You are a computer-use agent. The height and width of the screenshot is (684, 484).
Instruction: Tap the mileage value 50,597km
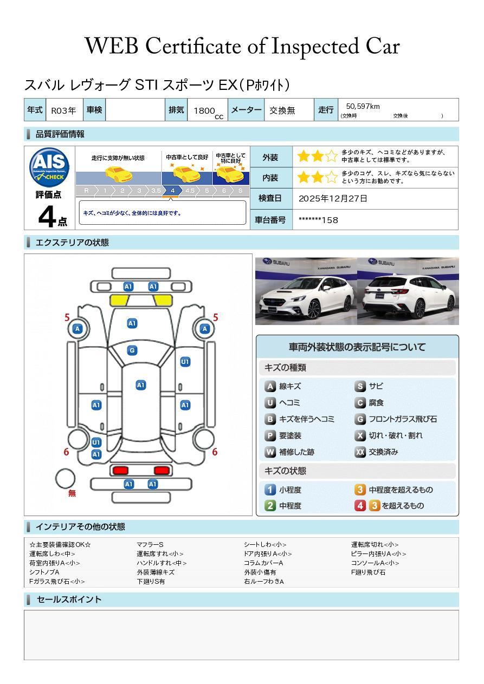coord(363,107)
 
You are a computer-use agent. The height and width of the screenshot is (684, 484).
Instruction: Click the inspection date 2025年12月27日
coord(333,199)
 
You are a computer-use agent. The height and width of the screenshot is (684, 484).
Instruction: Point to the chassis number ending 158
coord(318,220)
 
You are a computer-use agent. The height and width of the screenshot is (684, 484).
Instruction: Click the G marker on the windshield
coord(132,350)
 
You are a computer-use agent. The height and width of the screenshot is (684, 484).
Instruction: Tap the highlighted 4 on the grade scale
coord(172,191)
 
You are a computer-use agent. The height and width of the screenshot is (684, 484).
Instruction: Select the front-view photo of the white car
coord(306,291)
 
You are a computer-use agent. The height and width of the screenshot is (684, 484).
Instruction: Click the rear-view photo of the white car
coord(408,291)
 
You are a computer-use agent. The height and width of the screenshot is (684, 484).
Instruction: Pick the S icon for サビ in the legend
coord(360,387)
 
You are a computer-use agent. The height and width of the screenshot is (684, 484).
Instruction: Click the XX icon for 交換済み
coord(360,452)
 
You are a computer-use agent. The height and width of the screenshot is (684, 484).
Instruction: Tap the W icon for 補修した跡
coord(270,452)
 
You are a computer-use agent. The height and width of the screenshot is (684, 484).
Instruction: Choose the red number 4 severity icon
coord(360,506)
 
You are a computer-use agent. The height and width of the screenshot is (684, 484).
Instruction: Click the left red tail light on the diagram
coord(120,470)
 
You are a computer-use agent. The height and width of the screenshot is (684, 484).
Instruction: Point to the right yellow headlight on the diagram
coord(162,300)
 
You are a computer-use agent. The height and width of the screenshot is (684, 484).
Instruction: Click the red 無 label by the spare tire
coord(72,493)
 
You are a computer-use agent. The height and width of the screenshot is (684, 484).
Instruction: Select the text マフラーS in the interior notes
coord(150,545)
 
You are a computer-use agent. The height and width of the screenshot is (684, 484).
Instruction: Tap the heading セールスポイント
coord(69,600)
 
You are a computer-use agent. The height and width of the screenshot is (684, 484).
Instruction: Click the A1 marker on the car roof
coord(140,385)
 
